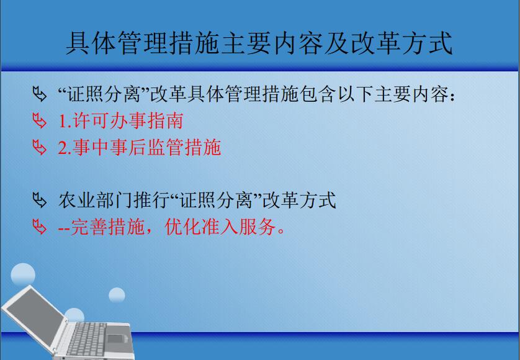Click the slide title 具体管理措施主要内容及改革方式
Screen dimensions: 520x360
(x=259, y=43)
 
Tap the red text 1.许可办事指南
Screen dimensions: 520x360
(x=121, y=120)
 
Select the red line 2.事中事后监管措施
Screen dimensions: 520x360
(x=139, y=147)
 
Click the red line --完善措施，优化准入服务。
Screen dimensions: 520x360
(x=171, y=227)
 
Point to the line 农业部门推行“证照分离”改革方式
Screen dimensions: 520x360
(x=197, y=200)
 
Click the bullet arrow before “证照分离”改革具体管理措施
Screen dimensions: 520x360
(x=40, y=94)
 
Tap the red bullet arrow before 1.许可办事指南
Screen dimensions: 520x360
(x=40, y=121)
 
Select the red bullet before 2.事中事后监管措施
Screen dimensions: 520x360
(x=40, y=147)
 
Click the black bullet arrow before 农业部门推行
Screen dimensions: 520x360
(x=40, y=200)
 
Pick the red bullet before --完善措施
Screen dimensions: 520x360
(x=40, y=227)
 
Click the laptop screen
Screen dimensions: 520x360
(x=35, y=313)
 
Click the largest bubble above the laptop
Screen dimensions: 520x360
(x=23, y=275)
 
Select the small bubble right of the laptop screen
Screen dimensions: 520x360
(x=117, y=295)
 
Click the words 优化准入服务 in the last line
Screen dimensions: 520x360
(x=220, y=227)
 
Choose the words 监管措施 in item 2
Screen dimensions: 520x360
(x=184, y=147)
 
